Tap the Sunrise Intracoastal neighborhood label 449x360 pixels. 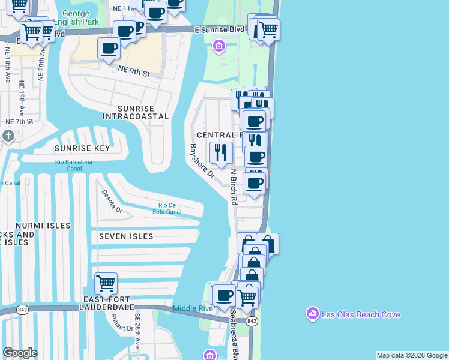pyautogui.click(x=136, y=112)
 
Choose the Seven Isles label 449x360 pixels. pyautogui.click(x=126, y=236)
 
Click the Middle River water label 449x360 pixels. pyautogui.click(x=194, y=308)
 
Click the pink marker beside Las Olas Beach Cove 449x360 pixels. pyautogui.click(x=312, y=314)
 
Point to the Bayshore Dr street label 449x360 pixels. pyautogui.click(x=202, y=161)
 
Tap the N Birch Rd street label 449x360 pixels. pyautogui.click(x=235, y=186)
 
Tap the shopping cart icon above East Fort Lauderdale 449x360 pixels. pyautogui.click(x=106, y=282)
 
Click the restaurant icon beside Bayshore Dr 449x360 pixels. pyautogui.click(x=221, y=152)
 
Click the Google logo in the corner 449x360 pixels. pyautogui.click(x=20, y=353)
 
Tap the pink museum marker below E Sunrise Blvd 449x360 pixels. pyautogui.click(x=218, y=46)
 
